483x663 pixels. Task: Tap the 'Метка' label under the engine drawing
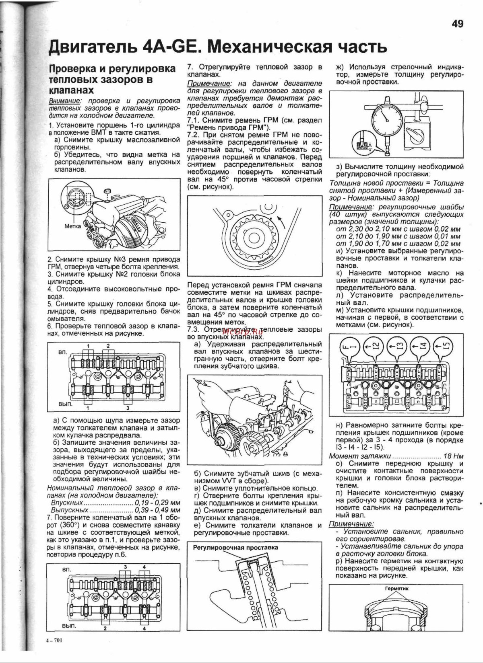pyautogui.click(x=72, y=226)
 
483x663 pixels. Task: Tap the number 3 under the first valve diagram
pyautogui.click(x=127, y=408)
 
